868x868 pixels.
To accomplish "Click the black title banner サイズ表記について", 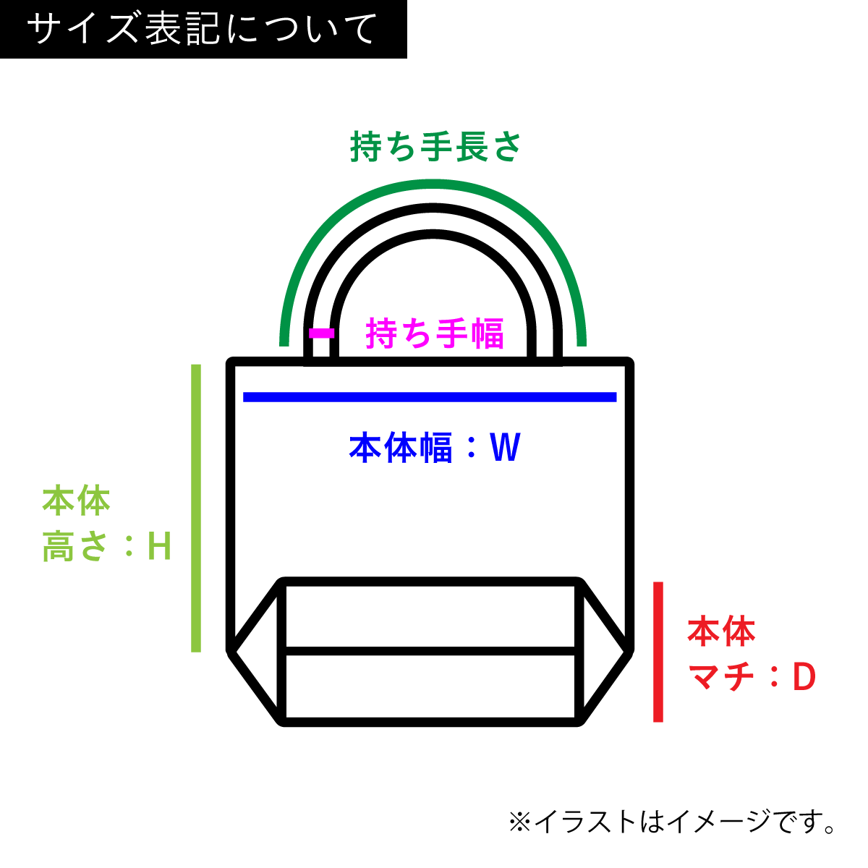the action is click(x=203, y=29).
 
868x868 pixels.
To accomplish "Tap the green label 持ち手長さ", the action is click(x=435, y=147).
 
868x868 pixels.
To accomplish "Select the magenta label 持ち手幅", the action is click(x=434, y=333).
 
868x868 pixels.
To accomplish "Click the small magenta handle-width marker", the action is click(x=322, y=333).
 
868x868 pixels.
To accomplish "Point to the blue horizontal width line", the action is click(x=430, y=396).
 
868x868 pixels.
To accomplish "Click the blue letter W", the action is click(x=505, y=448).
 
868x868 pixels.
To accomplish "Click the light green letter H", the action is click(x=159, y=547).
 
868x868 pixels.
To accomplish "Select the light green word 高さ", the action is click(x=75, y=547).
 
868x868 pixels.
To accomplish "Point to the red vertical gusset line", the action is click(x=658, y=651).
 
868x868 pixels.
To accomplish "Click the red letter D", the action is click(x=804, y=678).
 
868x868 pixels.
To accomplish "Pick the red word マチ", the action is click(x=721, y=678).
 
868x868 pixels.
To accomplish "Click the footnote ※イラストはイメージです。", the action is click(x=673, y=822).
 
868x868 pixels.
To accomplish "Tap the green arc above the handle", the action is click(x=433, y=187).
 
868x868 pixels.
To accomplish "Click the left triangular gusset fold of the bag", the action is click(x=258, y=651).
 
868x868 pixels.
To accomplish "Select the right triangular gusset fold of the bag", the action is click(x=604, y=651).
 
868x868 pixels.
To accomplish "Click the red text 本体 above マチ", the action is click(x=721, y=631).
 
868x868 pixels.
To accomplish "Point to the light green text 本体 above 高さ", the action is click(x=76, y=501).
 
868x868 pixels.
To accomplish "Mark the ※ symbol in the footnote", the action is click(x=519, y=822).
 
